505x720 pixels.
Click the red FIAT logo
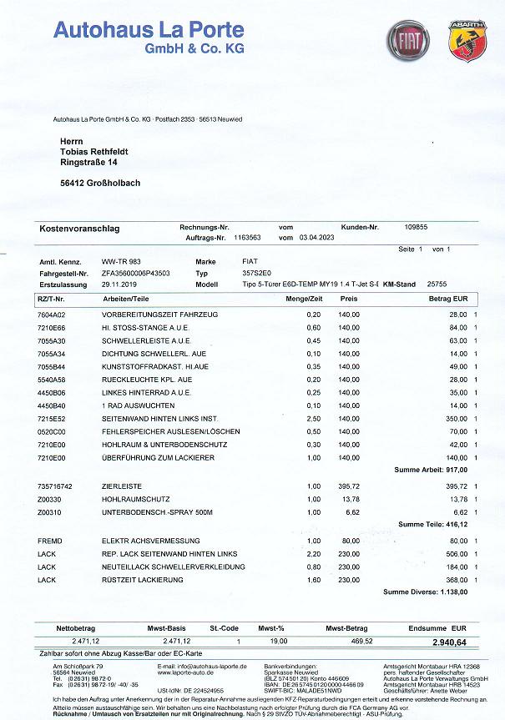pyautogui.click(x=407, y=41)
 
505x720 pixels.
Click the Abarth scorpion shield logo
pyautogui.click(x=467, y=41)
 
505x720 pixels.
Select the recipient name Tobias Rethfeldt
pyautogui.click(x=100, y=152)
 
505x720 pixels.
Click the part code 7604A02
pyautogui.click(x=51, y=314)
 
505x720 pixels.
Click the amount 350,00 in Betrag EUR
pyautogui.click(x=455, y=417)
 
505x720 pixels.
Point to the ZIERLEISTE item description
pyautogui.click(x=120, y=485)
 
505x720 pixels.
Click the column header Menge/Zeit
pyautogui.click(x=304, y=297)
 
